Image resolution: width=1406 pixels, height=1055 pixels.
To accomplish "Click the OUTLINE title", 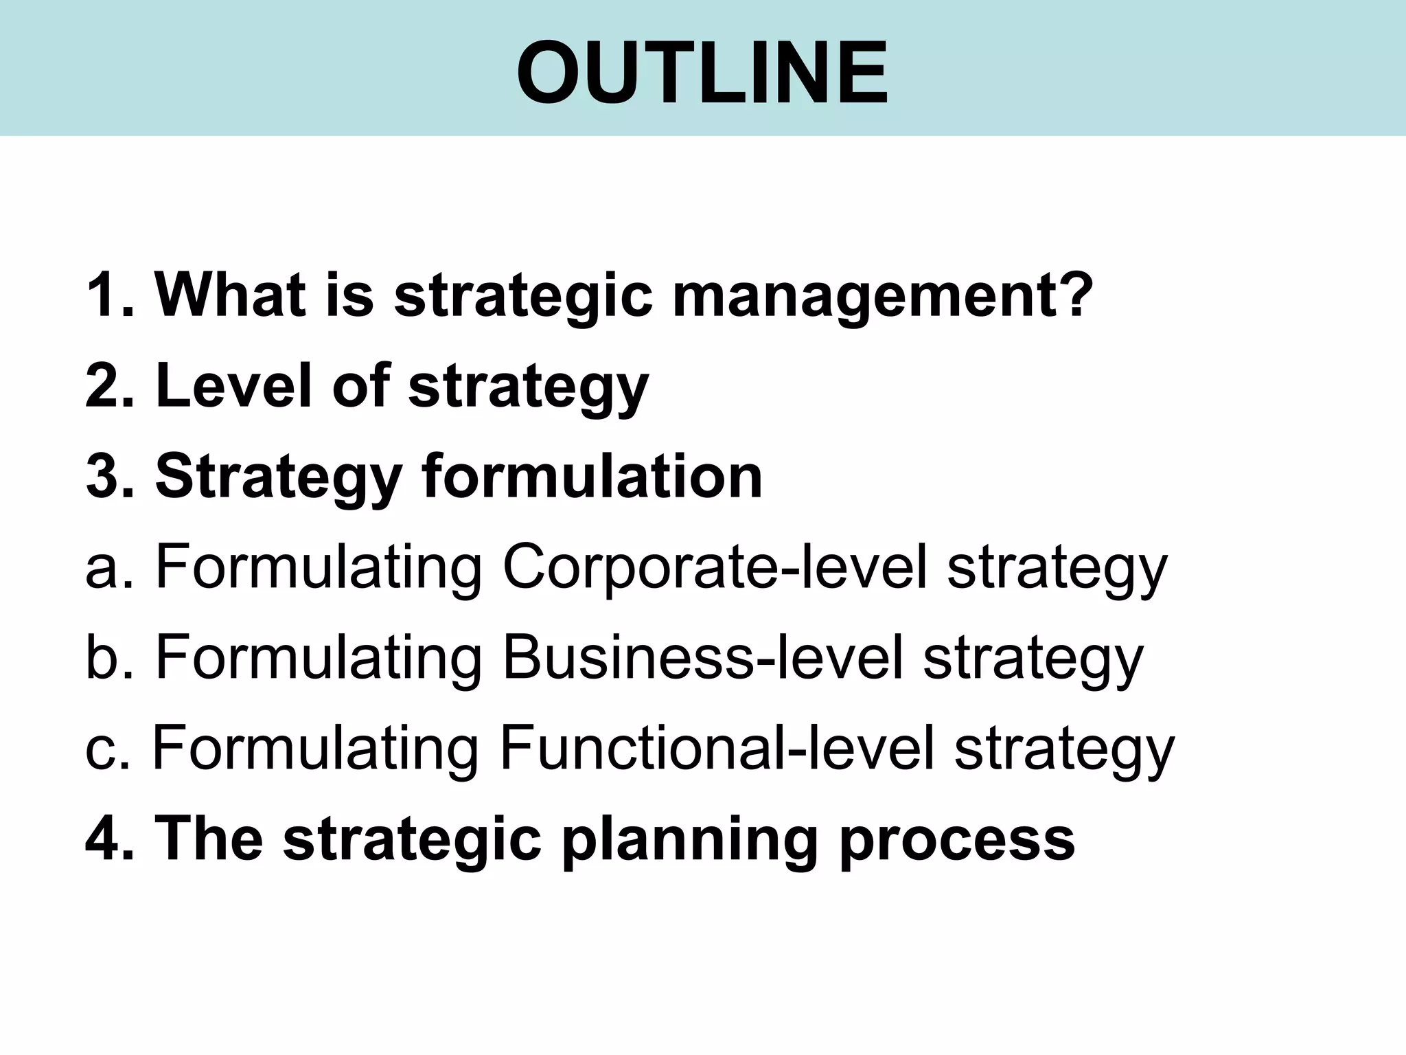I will (x=702, y=73).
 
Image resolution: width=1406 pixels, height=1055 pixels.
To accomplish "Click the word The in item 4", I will (x=209, y=839).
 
